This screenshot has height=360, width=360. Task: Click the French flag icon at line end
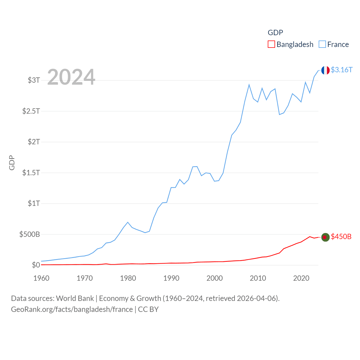325,70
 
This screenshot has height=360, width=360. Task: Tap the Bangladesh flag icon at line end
325,237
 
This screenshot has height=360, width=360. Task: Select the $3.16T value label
341,70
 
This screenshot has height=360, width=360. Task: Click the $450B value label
341,237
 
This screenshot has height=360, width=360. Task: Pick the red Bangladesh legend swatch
271,44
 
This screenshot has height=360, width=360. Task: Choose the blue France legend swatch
322,44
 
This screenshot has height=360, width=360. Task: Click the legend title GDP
275,33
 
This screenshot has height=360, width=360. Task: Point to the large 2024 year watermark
71,77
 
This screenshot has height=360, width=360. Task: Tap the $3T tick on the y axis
34,80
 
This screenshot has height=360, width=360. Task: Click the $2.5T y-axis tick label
31,111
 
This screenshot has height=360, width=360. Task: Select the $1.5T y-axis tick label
31,172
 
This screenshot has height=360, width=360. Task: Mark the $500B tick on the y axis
30,234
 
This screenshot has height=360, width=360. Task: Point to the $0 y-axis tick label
36,265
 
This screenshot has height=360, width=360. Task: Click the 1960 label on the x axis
41,278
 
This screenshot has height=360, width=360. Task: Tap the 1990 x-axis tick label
171,278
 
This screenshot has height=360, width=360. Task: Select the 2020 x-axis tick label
301,278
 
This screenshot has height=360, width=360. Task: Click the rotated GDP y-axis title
12,163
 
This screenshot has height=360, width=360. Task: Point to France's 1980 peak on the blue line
128,222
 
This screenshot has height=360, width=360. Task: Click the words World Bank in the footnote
75,298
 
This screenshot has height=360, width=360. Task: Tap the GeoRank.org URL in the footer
72,309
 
